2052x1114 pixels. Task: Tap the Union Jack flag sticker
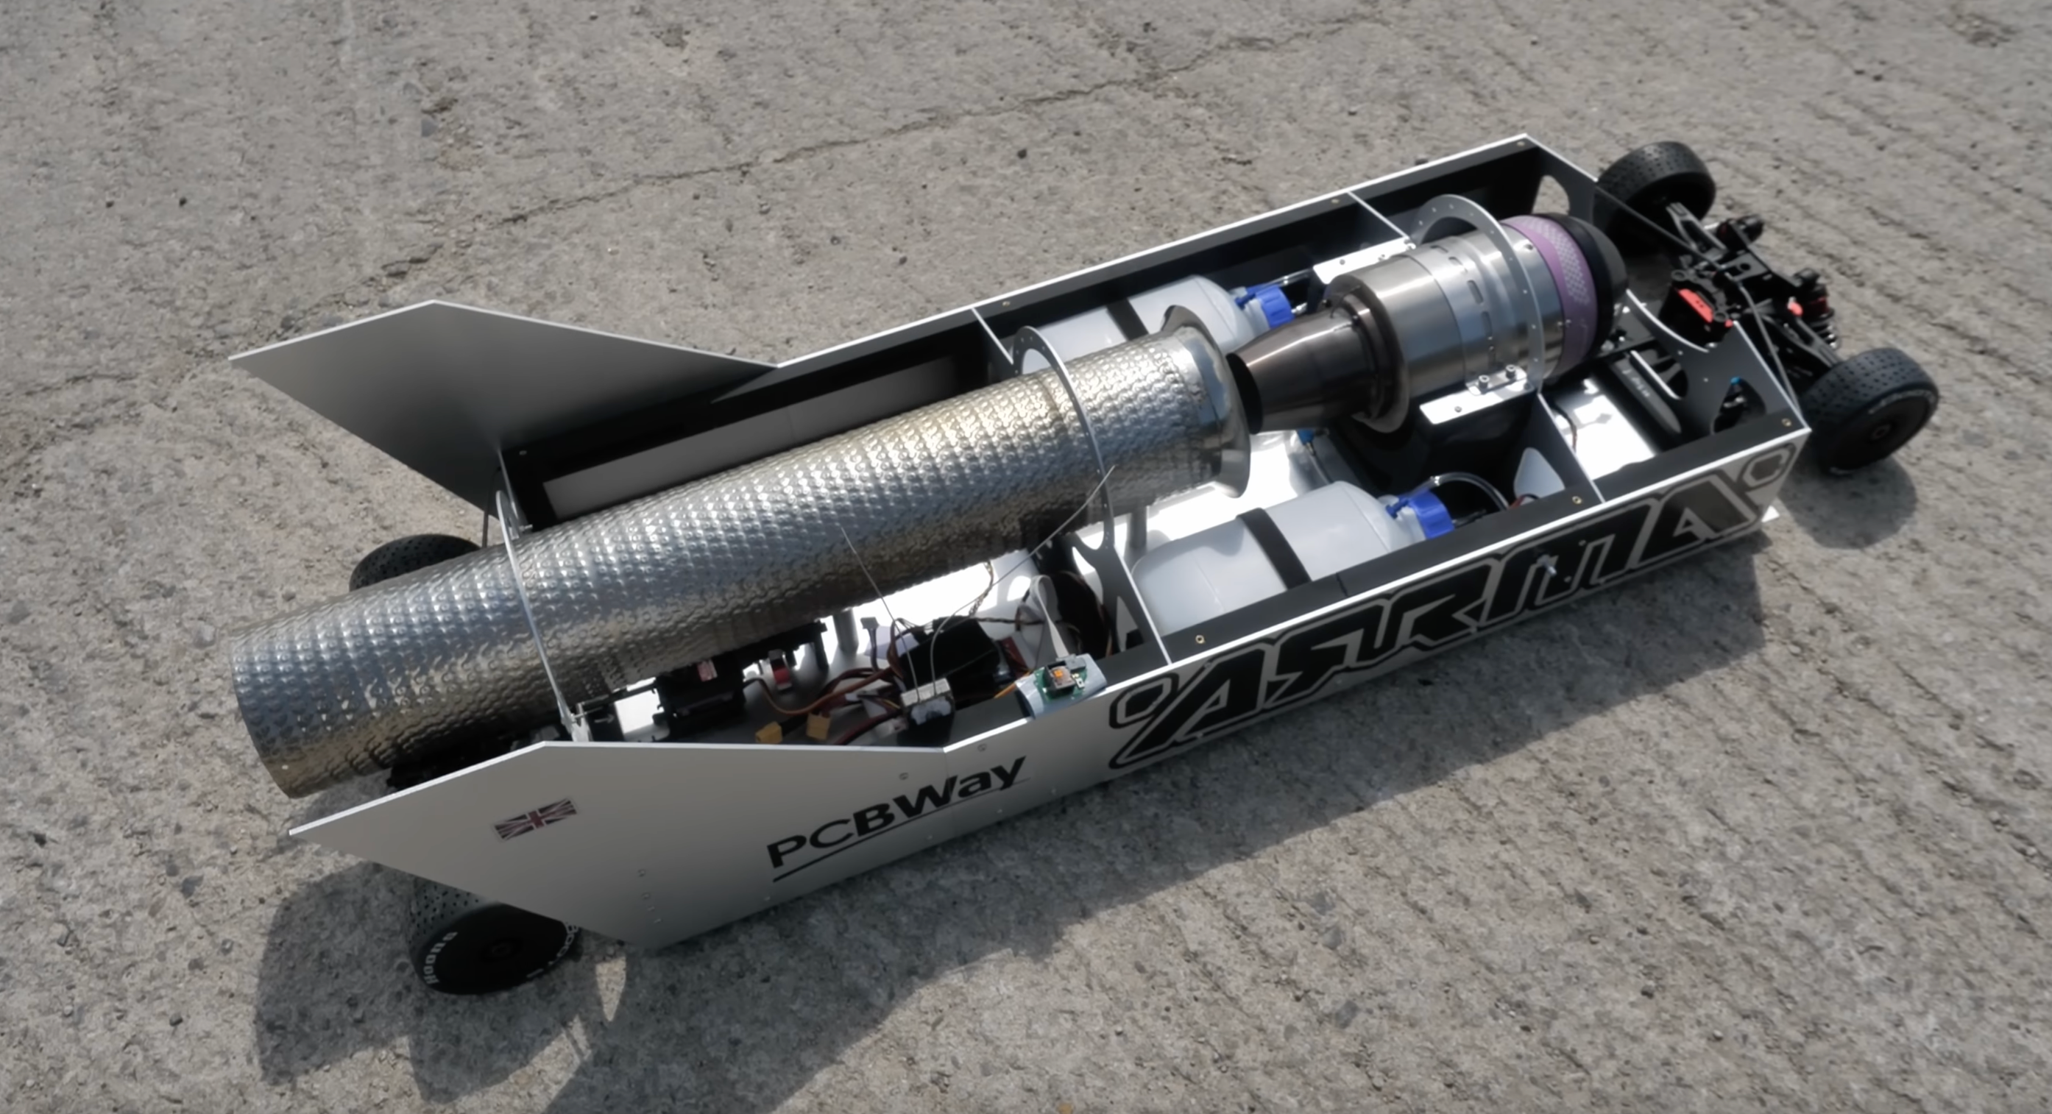(534, 819)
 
